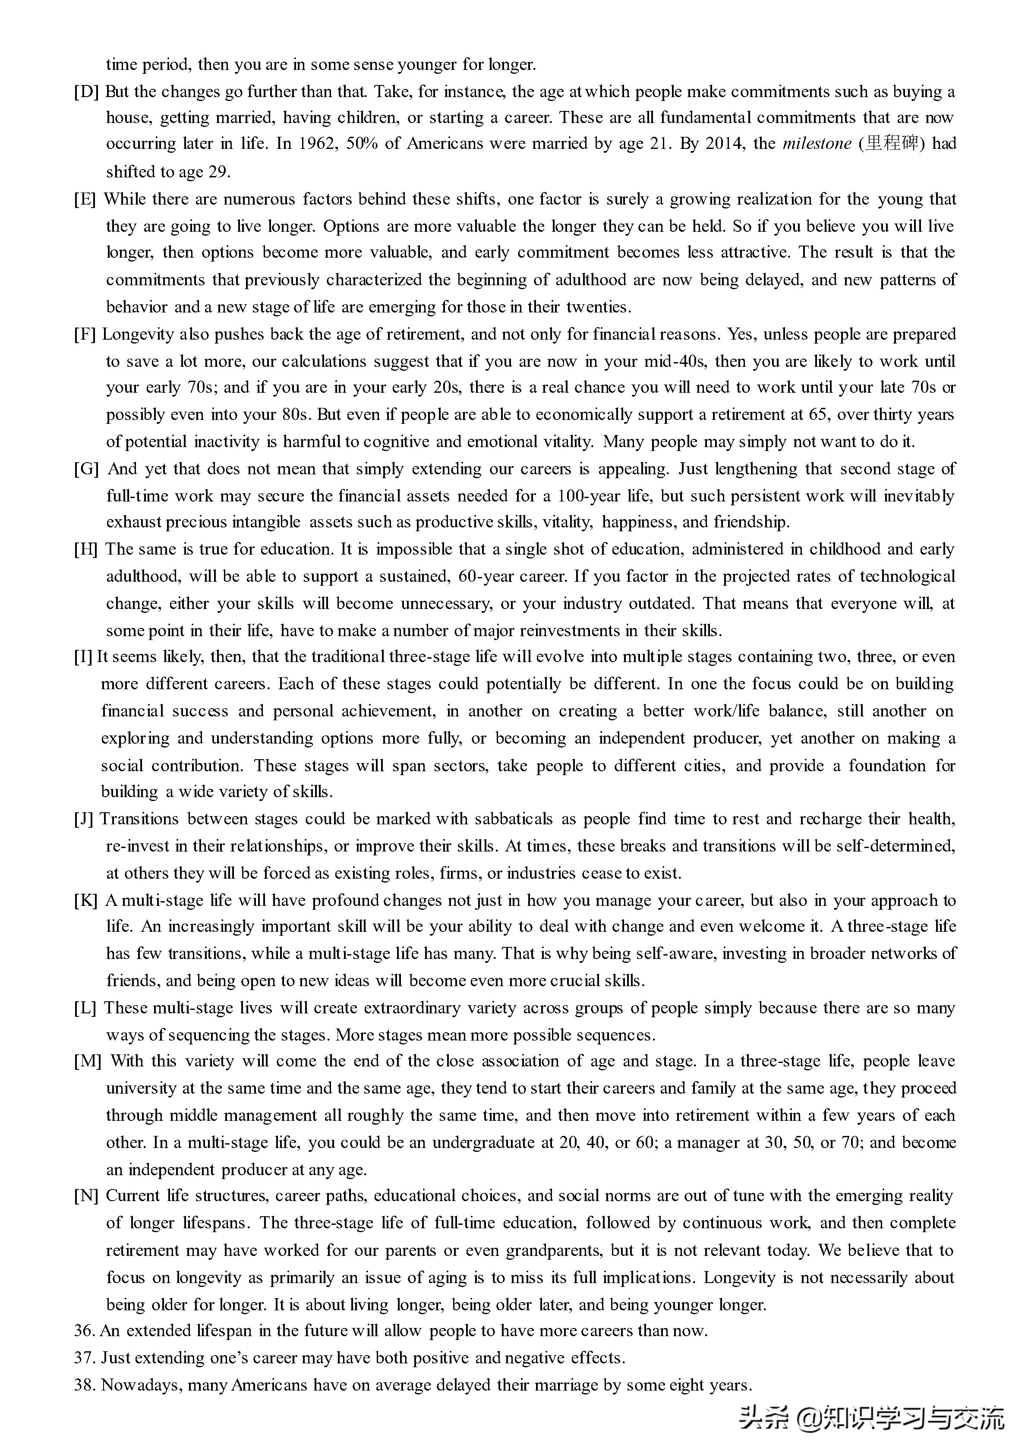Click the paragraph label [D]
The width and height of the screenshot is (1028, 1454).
86,92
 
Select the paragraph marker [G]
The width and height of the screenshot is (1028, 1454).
86,469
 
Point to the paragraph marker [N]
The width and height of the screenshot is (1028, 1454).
86,1195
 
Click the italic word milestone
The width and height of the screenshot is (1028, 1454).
817,144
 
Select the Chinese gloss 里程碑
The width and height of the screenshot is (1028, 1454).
892,144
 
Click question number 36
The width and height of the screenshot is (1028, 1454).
84,1331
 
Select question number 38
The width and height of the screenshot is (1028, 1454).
84,1385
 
